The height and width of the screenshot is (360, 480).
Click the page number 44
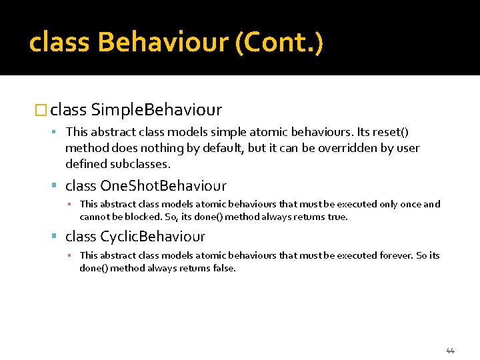[450, 351]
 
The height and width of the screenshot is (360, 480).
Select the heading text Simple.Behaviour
[157, 109]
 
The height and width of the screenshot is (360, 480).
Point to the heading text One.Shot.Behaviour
[163, 185]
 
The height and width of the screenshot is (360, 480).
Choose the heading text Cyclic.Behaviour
[153, 236]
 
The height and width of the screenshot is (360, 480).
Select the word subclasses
[142, 163]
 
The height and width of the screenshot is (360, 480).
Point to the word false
[223, 268]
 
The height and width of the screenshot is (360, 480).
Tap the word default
[223, 148]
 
